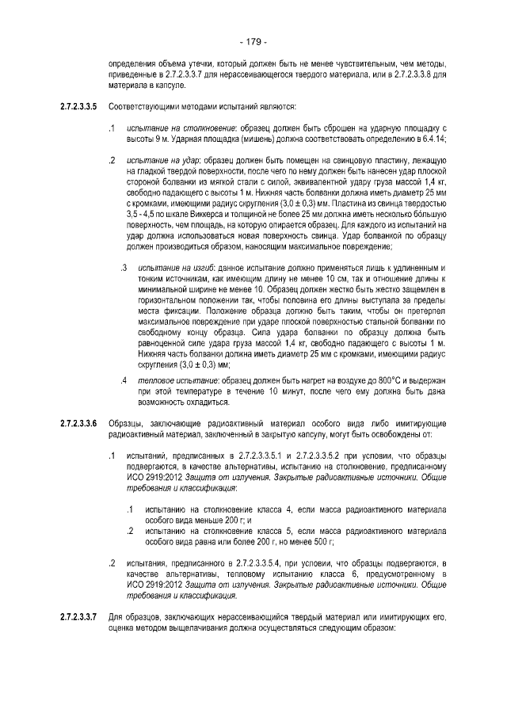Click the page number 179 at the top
[253, 41]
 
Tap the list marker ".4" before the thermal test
[124, 381]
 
